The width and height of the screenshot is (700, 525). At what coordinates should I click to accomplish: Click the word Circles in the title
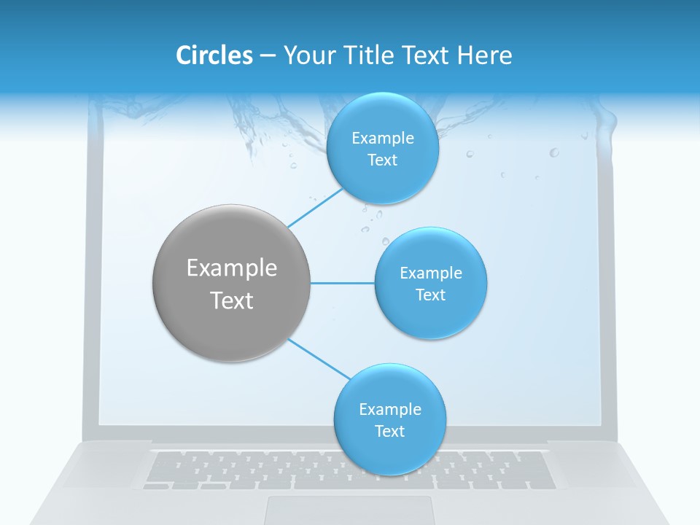[214, 55]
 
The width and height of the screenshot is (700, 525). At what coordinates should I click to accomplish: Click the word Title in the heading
[369, 55]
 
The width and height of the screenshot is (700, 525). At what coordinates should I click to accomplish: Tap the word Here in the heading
[484, 55]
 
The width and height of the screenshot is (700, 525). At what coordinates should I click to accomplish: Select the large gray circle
[232, 283]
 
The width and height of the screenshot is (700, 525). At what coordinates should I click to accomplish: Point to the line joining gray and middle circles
[343, 283]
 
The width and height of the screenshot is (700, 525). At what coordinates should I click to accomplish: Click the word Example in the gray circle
[232, 268]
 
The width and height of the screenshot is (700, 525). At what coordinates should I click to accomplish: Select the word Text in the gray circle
[232, 300]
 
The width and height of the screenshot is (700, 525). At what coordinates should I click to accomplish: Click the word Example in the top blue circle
[382, 139]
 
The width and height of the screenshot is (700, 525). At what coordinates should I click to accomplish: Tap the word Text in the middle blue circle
[430, 295]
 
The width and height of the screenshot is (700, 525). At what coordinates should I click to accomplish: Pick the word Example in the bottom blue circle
[389, 410]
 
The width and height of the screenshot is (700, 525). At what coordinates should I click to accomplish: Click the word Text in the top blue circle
[382, 160]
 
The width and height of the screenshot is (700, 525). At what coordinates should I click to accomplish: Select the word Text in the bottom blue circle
[389, 432]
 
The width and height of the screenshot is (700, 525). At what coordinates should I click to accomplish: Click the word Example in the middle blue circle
[430, 273]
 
